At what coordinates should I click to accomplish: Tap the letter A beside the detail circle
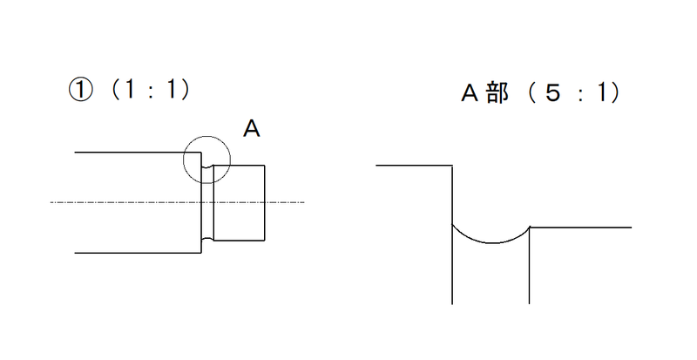coord(251,130)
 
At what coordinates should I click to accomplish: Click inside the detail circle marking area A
coord(207,160)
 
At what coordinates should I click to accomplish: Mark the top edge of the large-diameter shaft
coord(131,153)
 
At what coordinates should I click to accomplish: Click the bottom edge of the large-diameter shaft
coord(131,253)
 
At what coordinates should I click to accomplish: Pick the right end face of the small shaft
coord(265,202)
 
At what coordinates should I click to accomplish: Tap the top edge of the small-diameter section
coord(240,166)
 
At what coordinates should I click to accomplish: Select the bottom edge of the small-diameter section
coord(240,241)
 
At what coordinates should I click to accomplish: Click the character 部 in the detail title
coord(497,93)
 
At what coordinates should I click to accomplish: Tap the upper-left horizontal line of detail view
coord(414,164)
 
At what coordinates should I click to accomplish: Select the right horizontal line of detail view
coord(580,228)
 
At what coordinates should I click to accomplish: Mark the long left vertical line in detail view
coord(453,262)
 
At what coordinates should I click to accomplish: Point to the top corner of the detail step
coord(453,164)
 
